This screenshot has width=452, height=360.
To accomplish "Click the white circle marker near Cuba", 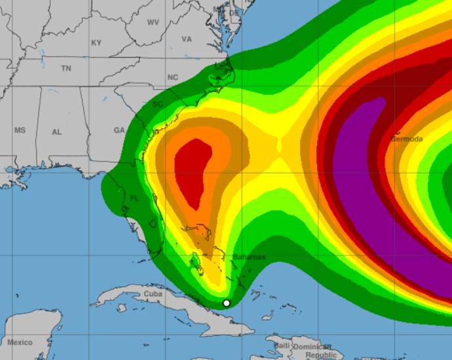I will (227, 302).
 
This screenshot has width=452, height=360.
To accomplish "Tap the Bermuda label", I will (407, 139).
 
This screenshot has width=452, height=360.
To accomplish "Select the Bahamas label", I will (250, 257).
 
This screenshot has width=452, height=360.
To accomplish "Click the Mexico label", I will (20, 342).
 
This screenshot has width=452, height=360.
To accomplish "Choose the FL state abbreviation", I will (134, 198).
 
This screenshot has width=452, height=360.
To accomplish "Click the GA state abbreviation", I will (119, 130).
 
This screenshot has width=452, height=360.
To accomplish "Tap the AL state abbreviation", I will (57, 132).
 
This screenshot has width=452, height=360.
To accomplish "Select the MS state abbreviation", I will (20, 130).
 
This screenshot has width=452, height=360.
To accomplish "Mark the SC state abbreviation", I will (158, 104).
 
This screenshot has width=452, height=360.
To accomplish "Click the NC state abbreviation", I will (173, 77).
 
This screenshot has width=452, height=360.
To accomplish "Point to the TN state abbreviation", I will (66, 68).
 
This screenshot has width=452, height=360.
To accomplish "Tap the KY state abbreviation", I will (96, 43).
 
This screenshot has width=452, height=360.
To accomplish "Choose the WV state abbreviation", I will (153, 22).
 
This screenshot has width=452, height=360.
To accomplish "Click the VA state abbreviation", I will (187, 39).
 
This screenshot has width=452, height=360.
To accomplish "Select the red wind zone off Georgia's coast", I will (193, 170).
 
